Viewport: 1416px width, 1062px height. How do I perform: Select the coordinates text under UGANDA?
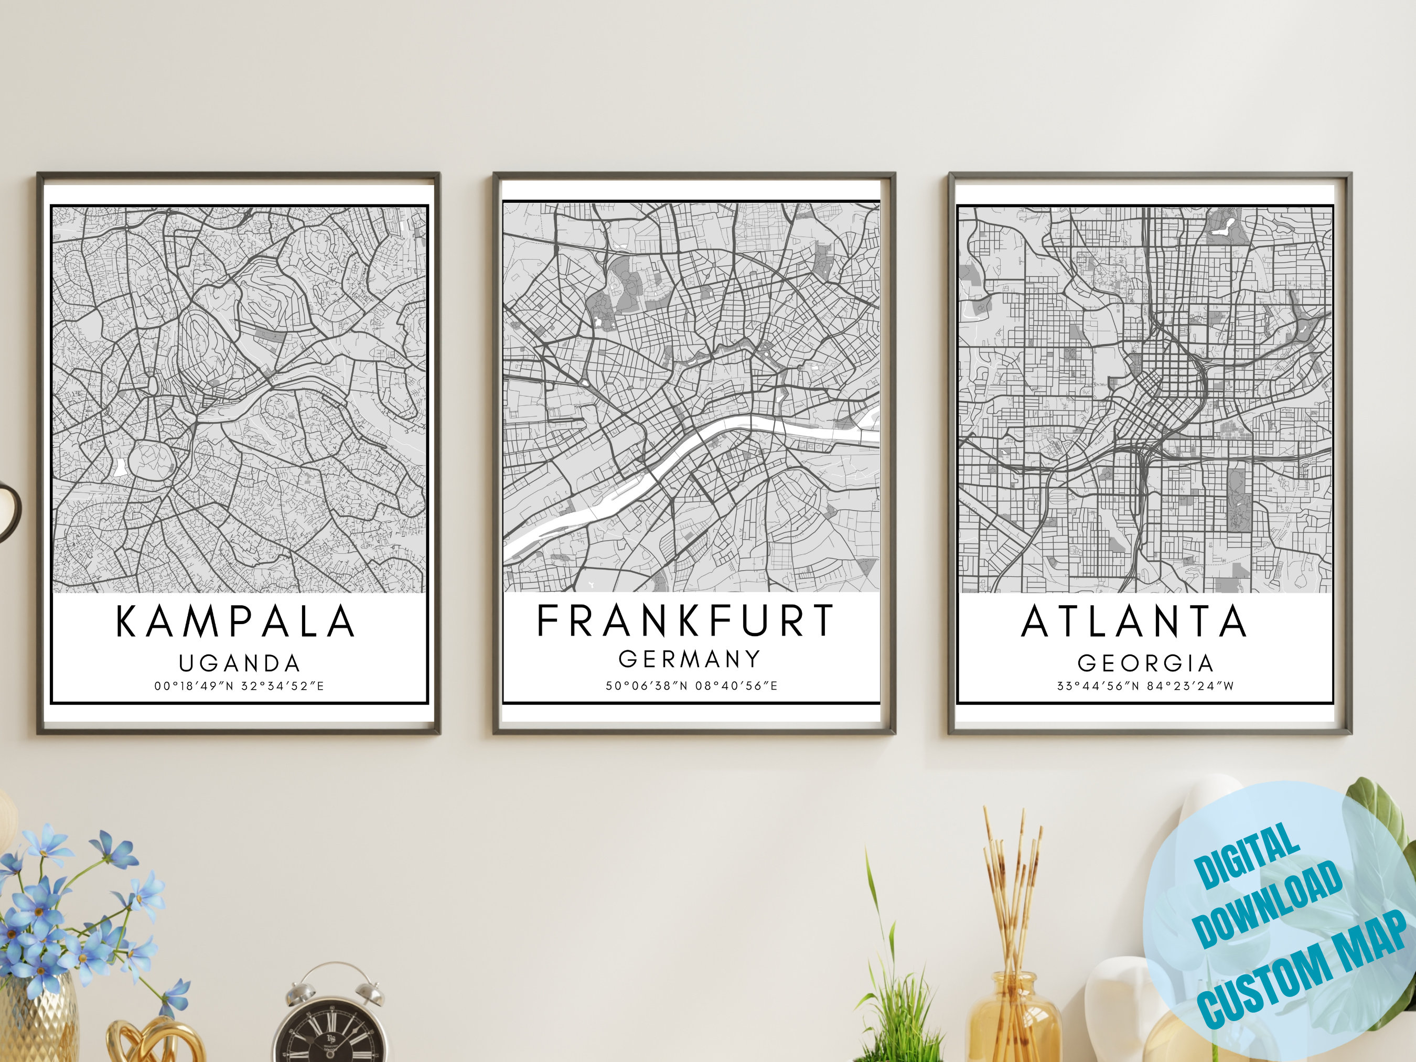pyautogui.click(x=239, y=686)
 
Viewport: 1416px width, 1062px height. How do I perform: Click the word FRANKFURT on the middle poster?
pyautogui.click(x=685, y=621)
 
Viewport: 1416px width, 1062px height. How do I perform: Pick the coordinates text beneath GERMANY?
pyautogui.click(x=691, y=686)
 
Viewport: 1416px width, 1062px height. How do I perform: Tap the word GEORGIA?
pyautogui.click(x=1145, y=663)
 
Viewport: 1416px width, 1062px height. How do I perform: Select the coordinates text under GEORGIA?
pyautogui.click(x=1145, y=686)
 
